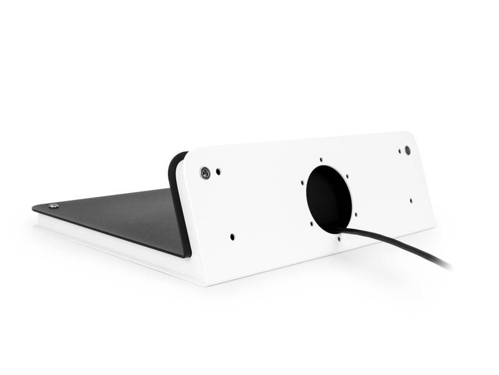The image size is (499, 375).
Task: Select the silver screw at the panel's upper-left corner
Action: [205, 172]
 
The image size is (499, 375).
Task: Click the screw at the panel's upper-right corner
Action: [407, 150]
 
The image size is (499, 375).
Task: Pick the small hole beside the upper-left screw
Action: [218, 170]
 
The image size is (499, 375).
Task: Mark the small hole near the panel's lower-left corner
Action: [233, 237]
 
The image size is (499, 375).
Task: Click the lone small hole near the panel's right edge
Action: [410, 201]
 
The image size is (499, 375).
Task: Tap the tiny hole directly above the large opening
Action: [321, 160]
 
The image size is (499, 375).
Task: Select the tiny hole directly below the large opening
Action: [338, 238]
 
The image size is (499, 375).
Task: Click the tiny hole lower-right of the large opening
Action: [356, 214]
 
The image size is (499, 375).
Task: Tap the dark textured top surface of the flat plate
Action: [119, 216]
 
